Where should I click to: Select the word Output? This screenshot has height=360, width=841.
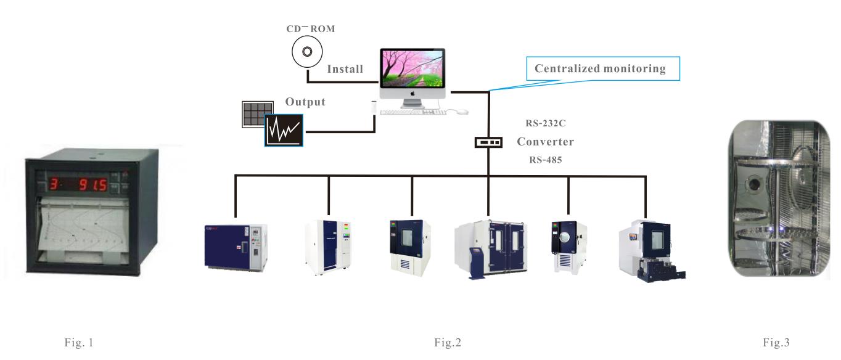[x=305, y=102]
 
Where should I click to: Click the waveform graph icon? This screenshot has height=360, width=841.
[x=283, y=129]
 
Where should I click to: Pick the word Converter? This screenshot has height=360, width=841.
[x=545, y=142]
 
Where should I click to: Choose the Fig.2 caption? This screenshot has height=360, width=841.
[x=446, y=341]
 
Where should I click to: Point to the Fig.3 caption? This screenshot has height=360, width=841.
[x=776, y=341]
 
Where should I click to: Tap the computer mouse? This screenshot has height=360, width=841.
[x=462, y=112]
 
